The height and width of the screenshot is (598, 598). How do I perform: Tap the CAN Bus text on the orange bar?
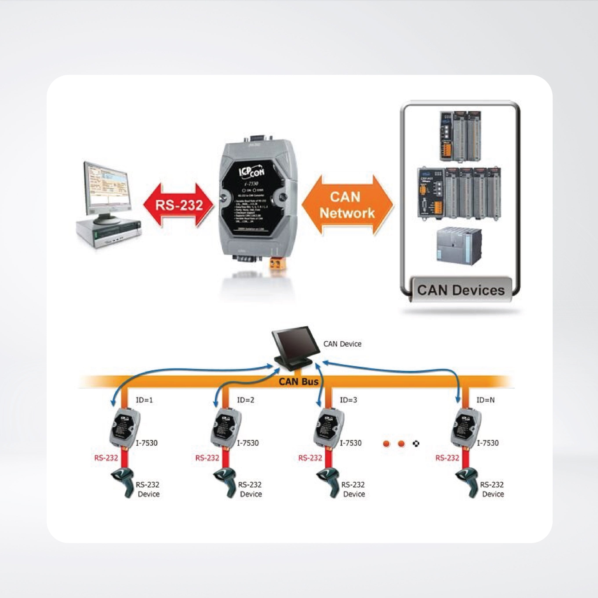(x=298, y=381)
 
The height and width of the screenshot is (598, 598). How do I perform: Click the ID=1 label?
(x=144, y=400)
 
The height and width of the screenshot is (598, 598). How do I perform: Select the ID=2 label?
(x=245, y=400)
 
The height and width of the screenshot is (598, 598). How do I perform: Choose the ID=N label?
(x=485, y=400)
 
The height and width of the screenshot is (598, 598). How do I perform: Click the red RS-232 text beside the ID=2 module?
(x=207, y=458)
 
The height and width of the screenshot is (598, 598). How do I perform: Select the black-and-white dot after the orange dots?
(x=416, y=444)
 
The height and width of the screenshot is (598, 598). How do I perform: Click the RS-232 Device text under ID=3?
(x=353, y=489)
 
